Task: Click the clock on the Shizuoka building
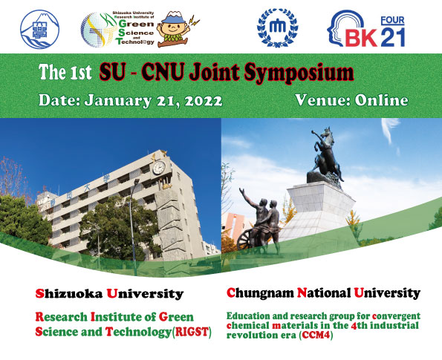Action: coord(159,167)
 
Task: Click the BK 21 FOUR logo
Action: coord(366,29)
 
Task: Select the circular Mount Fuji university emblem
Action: coord(40,29)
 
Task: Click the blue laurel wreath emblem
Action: coord(278,27)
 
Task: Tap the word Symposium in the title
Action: coord(299,73)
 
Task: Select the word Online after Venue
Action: coord(381,100)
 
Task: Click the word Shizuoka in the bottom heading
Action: coord(69,294)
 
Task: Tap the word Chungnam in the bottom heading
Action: coord(260,293)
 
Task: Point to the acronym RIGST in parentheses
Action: coord(192,332)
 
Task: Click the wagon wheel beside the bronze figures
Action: coord(244,240)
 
